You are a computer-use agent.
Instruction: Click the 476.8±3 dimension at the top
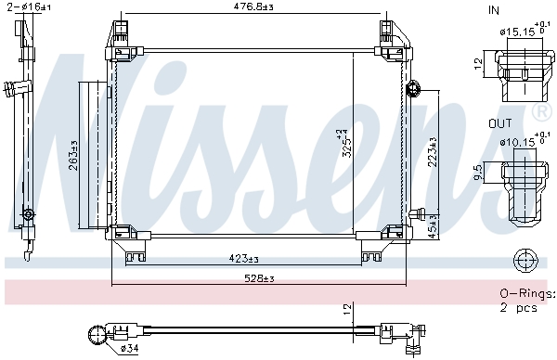click(x=253, y=8)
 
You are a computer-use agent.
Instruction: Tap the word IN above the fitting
click(x=493, y=11)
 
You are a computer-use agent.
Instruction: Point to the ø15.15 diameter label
click(x=516, y=32)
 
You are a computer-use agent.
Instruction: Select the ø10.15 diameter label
click(x=518, y=142)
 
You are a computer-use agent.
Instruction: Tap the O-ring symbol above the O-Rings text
click(x=525, y=260)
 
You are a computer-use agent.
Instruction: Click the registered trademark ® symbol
click(x=540, y=112)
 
